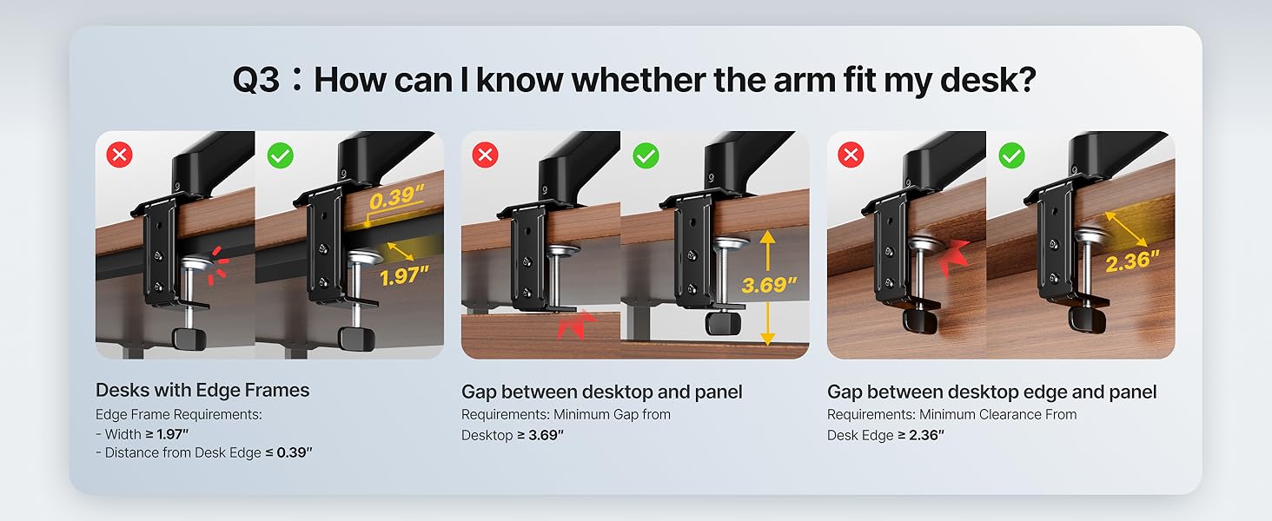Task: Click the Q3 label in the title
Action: point(255,80)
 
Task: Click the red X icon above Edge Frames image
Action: point(120,156)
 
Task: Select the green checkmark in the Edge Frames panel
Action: point(280,156)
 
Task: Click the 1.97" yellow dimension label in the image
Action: point(405,276)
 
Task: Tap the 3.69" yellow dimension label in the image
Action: point(770,285)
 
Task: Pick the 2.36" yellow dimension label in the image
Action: point(1133,260)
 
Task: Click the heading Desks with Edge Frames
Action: point(202,391)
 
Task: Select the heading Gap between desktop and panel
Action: point(601,392)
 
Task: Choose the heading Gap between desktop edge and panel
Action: point(991,392)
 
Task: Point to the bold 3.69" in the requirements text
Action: point(546,435)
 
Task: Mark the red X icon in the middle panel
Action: point(486,156)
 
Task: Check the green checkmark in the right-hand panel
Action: point(1011,156)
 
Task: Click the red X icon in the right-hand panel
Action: point(851,156)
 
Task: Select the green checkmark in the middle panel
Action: point(646,156)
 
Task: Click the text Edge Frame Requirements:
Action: point(178,415)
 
